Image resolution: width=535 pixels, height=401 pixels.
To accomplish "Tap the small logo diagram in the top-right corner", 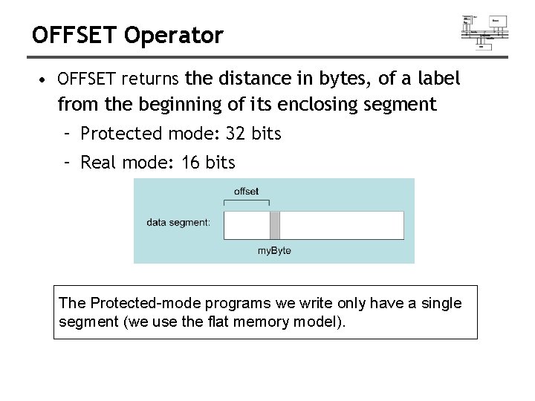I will coord(484,31).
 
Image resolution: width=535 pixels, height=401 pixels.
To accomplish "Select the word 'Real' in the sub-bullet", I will coord(98,163).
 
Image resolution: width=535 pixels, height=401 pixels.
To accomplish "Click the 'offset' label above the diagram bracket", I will coord(246,192).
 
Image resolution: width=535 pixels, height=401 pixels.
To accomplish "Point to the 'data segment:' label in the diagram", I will coord(178,222).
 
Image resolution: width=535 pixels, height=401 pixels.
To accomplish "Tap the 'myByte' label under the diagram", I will coord(274,251).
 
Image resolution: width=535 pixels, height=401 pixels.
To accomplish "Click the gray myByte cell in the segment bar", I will coord(274,225).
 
